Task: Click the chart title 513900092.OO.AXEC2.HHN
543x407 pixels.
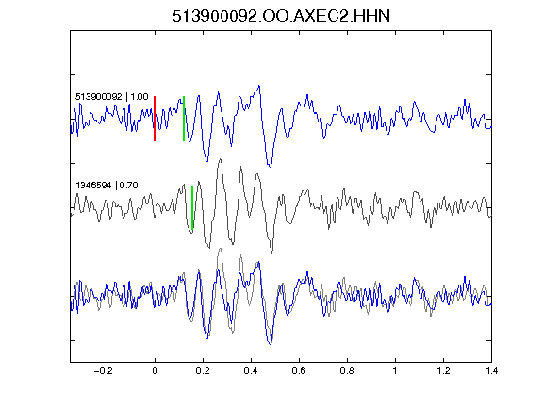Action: coord(281,16)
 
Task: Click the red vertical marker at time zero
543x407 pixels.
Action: coord(155,119)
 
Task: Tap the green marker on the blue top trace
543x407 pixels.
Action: coord(184,119)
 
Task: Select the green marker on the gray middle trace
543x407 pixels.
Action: coord(192,207)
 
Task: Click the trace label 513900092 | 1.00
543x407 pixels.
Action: coord(112,96)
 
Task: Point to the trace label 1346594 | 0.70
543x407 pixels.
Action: coord(107,186)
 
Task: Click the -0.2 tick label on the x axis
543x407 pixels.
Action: coord(103,371)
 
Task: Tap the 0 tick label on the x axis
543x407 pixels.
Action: coord(155,371)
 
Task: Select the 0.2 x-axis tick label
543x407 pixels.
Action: coord(203,371)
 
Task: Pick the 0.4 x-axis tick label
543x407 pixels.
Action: coord(251,371)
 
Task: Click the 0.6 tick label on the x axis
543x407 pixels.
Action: coord(299,371)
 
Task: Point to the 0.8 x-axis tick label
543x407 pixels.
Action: coord(347,371)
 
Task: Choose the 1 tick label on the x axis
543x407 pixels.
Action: coord(395,371)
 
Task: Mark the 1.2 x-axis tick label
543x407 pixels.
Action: coord(443,371)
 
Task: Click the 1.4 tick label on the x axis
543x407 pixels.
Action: coord(491,371)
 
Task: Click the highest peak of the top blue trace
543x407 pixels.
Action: coord(259,86)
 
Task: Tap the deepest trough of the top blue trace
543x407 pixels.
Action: coord(271,167)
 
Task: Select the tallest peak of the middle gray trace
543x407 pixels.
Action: coord(220,159)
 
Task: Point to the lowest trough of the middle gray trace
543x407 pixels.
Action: coord(271,253)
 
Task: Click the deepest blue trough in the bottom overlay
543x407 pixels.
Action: coord(271,344)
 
